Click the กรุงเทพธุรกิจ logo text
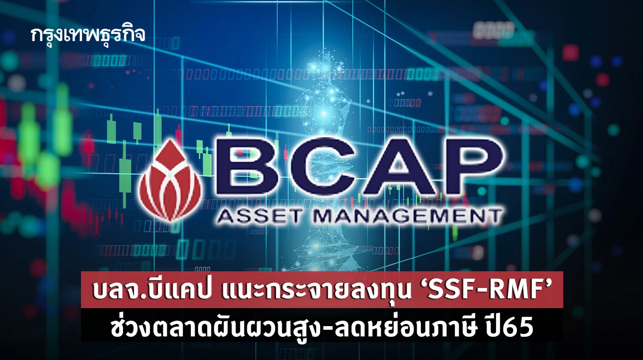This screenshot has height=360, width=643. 88,35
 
